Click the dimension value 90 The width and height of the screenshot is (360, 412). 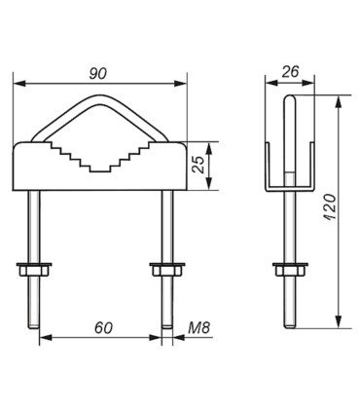98,74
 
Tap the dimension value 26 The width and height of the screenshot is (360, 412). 290,72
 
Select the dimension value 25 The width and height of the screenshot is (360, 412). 198,165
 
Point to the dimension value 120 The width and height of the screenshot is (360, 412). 330,207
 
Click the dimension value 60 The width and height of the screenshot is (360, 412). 103,328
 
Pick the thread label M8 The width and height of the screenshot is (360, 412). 199,328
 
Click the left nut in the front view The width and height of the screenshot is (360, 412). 34,269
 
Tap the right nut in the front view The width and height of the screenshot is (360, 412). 167,269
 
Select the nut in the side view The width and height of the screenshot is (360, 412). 290,269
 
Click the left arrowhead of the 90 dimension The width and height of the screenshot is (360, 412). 19,84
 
